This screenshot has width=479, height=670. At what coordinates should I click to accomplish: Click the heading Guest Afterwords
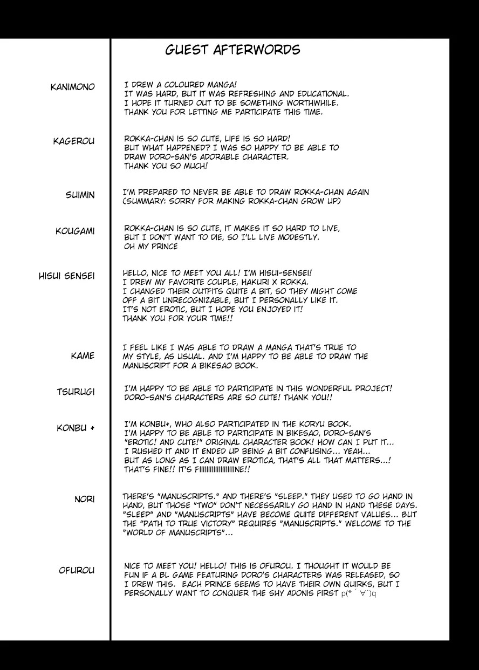point(232,50)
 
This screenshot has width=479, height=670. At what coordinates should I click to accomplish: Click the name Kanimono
point(72,87)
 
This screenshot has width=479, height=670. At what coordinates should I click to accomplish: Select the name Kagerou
point(73,141)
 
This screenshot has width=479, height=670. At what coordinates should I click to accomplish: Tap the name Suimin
point(80,195)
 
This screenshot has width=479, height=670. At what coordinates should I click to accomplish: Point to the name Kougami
point(75,231)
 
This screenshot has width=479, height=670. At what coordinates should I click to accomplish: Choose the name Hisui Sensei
point(66,276)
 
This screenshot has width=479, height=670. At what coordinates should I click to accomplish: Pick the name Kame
point(83,356)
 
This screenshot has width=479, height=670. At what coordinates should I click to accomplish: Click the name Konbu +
point(76,428)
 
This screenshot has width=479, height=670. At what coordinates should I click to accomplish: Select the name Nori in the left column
point(84,500)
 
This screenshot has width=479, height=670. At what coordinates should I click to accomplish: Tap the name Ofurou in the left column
point(77,571)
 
